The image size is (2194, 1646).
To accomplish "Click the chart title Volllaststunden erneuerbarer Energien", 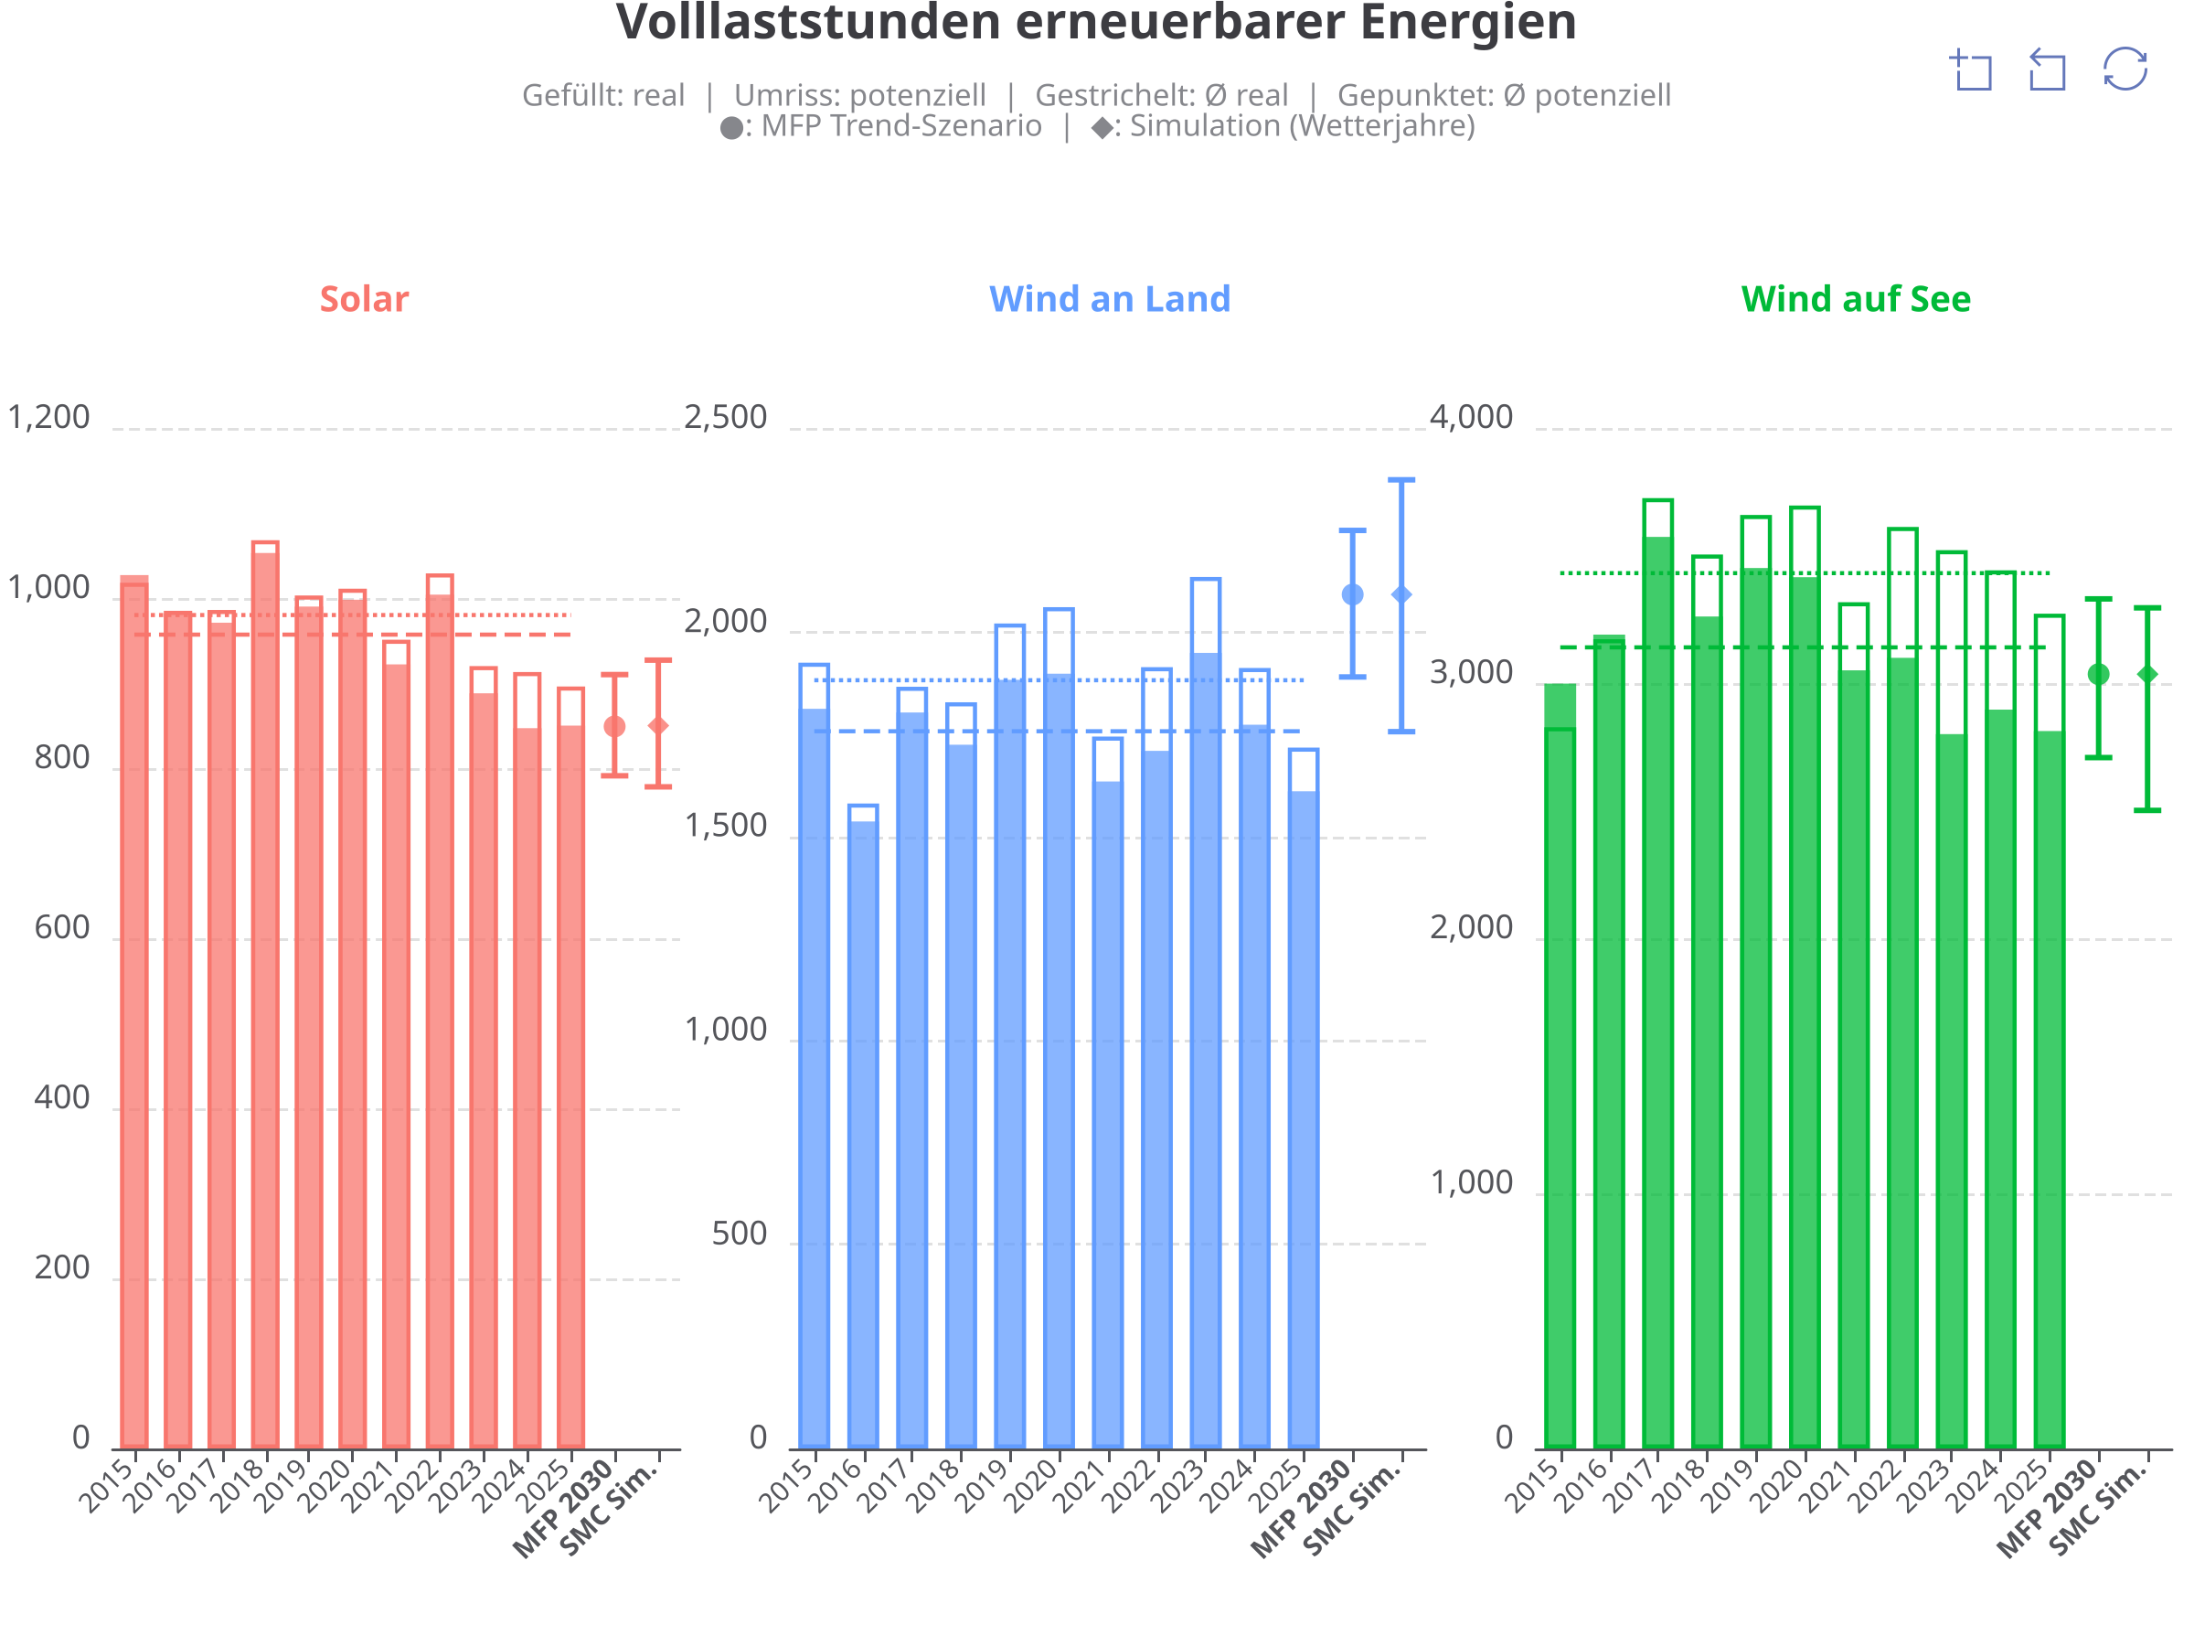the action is [1096, 22].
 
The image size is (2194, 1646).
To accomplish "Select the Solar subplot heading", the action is [364, 299].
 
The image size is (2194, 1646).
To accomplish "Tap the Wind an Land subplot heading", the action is [1109, 299].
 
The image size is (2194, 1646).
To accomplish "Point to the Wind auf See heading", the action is [1856, 299].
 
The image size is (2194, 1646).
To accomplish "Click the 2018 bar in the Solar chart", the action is [265, 995].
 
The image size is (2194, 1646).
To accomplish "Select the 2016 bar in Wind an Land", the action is [863, 1128].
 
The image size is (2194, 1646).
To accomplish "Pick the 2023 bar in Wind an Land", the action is [1205, 1013].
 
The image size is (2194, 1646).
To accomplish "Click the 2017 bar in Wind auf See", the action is [1657, 974].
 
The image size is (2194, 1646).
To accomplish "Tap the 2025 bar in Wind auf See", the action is [2050, 1031].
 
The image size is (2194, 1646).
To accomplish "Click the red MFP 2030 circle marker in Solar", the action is [615, 726].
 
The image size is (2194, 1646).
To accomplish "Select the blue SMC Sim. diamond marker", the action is [1401, 594].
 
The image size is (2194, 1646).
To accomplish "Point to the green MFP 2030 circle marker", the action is [2099, 675].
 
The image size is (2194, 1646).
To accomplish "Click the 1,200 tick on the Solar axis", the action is [48, 418].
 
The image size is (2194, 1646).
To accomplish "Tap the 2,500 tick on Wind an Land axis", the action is [726, 418].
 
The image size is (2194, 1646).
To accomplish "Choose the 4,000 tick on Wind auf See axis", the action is [1472, 418].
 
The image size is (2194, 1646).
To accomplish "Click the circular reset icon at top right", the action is [2125, 69].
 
